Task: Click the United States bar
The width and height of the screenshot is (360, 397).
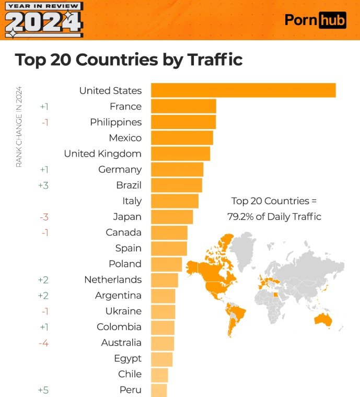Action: (x=243, y=90)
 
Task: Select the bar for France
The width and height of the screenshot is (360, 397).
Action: (x=183, y=107)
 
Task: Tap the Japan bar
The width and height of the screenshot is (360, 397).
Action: (x=172, y=217)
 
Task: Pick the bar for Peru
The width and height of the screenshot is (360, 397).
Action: (x=159, y=390)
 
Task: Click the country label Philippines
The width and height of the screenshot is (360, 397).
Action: (x=115, y=122)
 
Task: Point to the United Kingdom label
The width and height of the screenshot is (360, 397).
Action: (x=102, y=154)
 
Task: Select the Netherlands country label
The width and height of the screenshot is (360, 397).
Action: (x=112, y=279)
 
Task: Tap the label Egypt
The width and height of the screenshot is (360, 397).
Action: (x=127, y=358)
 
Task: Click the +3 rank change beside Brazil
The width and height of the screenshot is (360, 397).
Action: (x=44, y=185)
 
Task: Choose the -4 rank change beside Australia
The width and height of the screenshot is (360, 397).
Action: (x=44, y=343)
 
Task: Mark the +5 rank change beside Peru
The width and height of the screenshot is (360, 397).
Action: (x=44, y=390)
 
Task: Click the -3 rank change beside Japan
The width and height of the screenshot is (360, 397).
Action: (x=44, y=217)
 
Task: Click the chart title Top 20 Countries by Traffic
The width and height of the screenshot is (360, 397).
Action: (x=129, y=59)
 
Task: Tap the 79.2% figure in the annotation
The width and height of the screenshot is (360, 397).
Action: (x=240, y=216)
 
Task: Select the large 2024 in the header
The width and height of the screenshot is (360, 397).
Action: (x=43, y=22)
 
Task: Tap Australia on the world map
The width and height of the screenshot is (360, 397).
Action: (x=321, y=320)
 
